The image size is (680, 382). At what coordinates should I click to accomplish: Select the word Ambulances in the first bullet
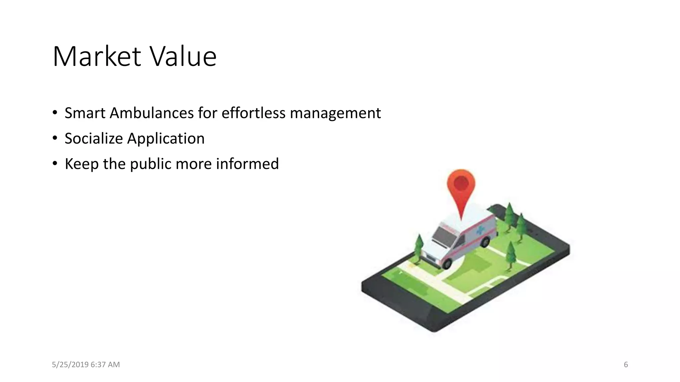coord(152,113)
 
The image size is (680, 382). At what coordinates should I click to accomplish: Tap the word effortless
coord(253,113)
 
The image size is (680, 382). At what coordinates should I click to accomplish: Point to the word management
coord(335,113)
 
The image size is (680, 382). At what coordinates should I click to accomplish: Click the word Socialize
coord(94,139)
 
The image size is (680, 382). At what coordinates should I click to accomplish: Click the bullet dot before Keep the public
coord(55,163)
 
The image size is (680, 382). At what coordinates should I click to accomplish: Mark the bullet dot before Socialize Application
coord(55,138)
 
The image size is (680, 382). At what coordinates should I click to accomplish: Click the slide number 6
coord(626,365)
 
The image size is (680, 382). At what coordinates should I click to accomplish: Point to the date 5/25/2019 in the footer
coord(70,365)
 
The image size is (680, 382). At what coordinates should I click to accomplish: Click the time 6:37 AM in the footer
coord(105,365)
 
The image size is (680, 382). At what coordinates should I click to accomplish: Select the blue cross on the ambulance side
coord(480,230)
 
